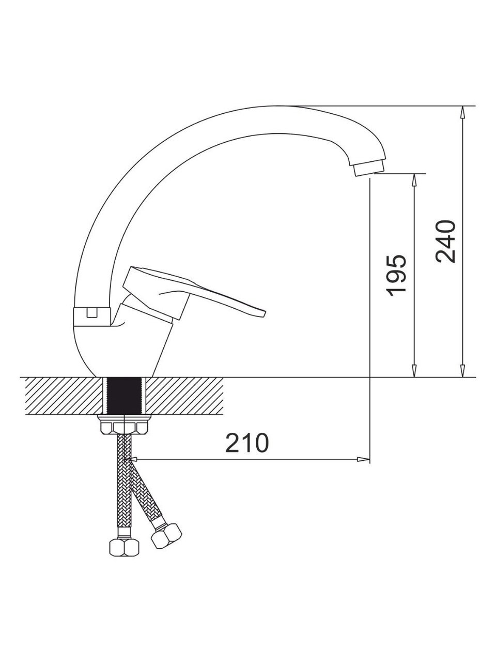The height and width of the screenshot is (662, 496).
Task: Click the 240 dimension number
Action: pyautogui.click(x=445, y=242)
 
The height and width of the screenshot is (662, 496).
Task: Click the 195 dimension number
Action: pyautogui.click(x=397, y=276)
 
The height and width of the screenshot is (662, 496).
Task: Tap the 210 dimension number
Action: pyautogui.click(x=247, y=443)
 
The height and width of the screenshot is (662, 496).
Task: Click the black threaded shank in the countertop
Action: pyautogui.click(x=124, y=396)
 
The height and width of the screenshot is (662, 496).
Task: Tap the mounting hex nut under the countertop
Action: pyautogui.click(x=124, y=425)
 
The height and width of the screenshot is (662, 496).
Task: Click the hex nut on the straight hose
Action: pyautogui.click(x=124, y=547)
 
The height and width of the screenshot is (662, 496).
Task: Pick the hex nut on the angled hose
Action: pyautogui.click(x=166, y=536)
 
